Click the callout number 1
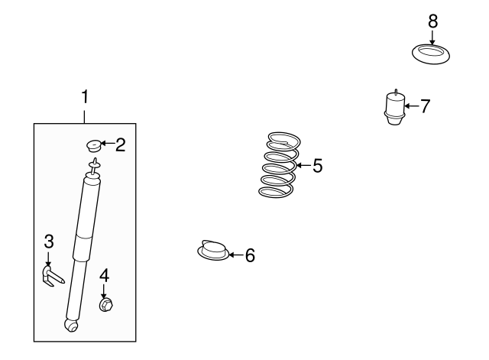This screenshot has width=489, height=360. click(85, 97)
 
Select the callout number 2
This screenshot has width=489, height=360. click(120, 144)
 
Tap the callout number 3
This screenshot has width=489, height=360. click(48, 242)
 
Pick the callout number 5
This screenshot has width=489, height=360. click(317, 166)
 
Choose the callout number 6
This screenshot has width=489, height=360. click(249, 255)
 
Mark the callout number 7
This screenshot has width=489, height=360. click(425, 106)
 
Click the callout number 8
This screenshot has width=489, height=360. click(432, 21)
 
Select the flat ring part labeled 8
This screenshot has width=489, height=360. click(432, 54)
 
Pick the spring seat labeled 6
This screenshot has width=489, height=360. click(212, 251)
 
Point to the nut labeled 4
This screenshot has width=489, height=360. click(105, 304)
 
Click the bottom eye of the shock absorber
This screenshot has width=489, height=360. click(71, 326)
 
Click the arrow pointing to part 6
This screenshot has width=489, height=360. click(235, 255)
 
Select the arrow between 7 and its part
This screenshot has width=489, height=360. click(411, 106)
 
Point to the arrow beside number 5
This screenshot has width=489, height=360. click(303, 166)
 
